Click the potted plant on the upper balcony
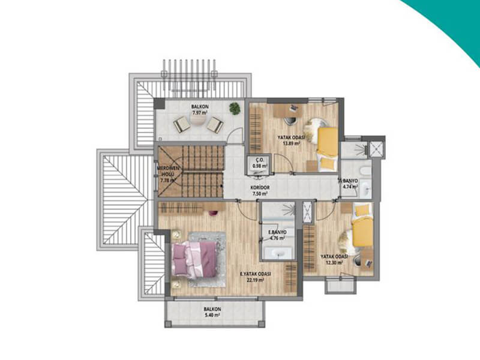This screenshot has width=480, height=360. (235, 109)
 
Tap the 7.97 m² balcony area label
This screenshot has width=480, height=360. (200, 112)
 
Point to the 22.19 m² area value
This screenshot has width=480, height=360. (256, 280)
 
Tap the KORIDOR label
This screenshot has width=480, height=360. (260, 188)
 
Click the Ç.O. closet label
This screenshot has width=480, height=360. (260, 160)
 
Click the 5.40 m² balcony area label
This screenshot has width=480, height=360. (212, 314)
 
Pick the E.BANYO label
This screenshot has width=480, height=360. (278, 232)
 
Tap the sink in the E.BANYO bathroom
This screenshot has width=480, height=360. (278, 253)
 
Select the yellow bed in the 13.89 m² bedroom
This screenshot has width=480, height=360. (328, 149)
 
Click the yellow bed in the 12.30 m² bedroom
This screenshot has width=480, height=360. (363, 226)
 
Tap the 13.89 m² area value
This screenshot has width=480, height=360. (291, 143)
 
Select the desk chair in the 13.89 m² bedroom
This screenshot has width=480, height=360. (290, 121)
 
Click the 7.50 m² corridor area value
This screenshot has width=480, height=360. (260, 193)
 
